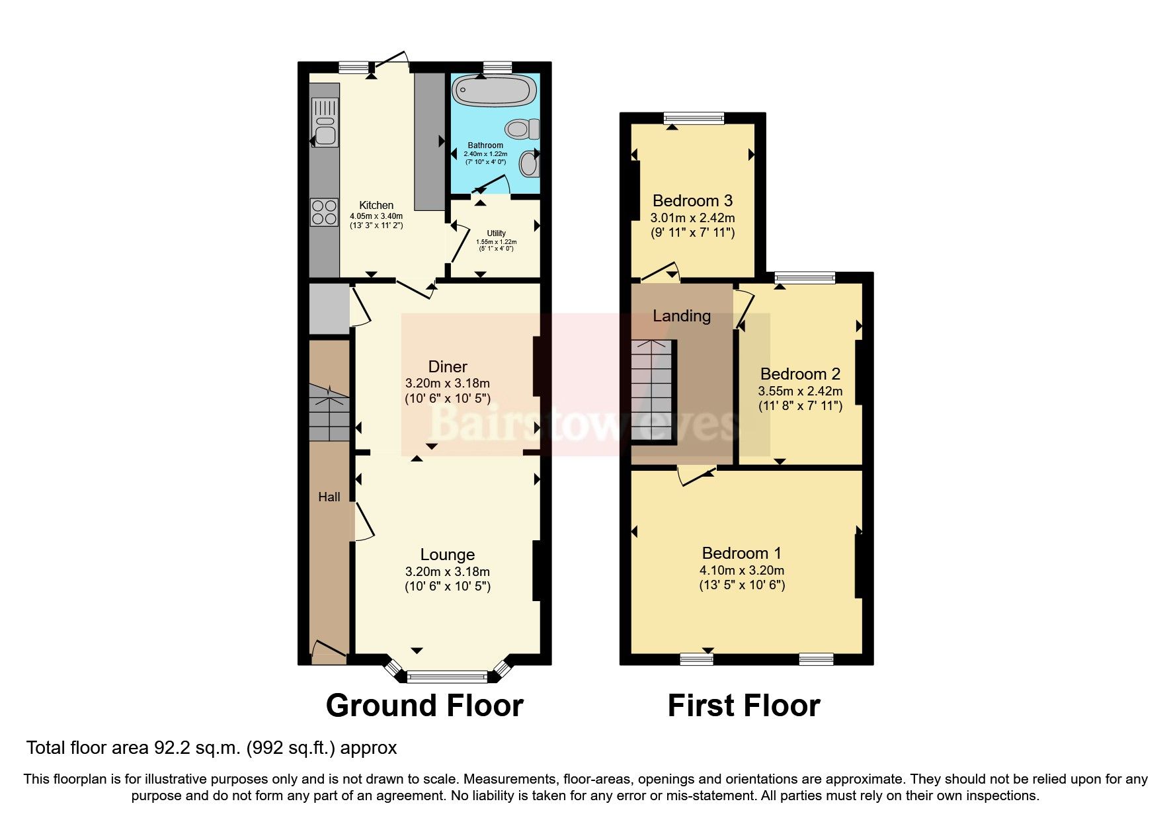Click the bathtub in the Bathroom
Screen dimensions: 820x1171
pyautogui.click(x=495, y=91)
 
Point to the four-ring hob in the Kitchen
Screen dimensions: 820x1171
pyautogui.click(x=324, y=212)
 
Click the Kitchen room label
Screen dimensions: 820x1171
pyautogui.click(x=376, y=205)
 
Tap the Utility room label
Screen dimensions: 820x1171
pyautogui.click(x=496, y=233)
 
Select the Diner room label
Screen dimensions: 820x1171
pyautogui.click(x=448, y=366)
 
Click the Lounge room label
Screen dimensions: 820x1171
pyautogui.click(x=448, y=555)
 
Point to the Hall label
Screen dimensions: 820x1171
pyautogui.click(x=329, y=497)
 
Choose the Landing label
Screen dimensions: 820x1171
pyautogui.click(x=681, y=316)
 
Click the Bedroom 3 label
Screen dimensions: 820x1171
pyautogui.click(x=692, y=200)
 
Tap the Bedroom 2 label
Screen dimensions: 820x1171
pyautogui.click(x=800, y=374)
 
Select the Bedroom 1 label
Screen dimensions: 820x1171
pyautogui.click(x=742, y=553)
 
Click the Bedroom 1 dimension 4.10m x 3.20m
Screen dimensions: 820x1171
pyautogui.click(x=742, y=570)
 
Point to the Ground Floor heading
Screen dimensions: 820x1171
pyautogui.click(x=424, y=706)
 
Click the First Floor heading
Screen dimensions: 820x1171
pyautogui.click(x=744, y=706)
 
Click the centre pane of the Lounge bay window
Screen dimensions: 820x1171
pyautogui.click(x=447, y=676)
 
